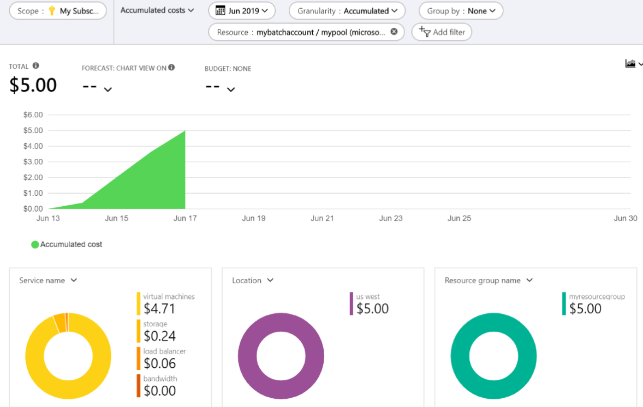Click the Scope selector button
(x=58, y=11)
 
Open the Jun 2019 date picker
(x=242, y=11)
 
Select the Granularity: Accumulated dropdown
(x=347, y=11)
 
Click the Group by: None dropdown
(x=461, y=11)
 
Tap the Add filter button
(x=442, y=32)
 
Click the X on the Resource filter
(x=394, y=32)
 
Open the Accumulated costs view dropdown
(x=157, y=10)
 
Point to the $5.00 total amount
(x=33, y=85)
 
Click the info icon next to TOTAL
(x=36, y=66)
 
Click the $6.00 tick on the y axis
(x=33, y=115)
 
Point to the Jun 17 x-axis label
(x=185, y=218)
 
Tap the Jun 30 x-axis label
(x=626, y=218)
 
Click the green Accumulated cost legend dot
(x=35, y=244)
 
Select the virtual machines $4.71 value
(x=159, y=309)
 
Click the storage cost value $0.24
(x=159, y=336)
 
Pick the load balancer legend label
(x=164, y=351)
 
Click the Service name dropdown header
(x=48, y=280)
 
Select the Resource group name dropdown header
(x=489, y=280)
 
